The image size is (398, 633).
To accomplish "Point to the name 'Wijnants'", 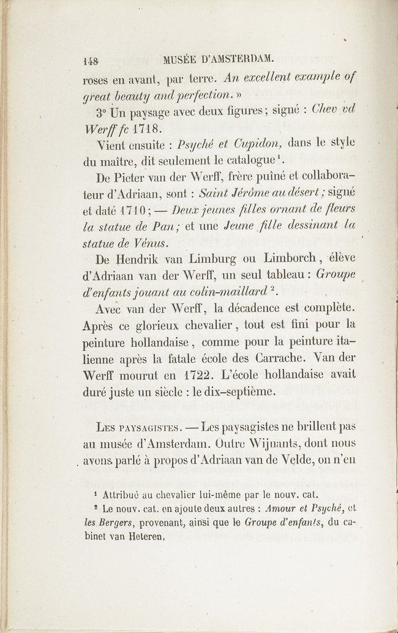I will [x=285, y=442].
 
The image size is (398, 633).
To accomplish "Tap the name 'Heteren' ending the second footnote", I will [x=146, y=536].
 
